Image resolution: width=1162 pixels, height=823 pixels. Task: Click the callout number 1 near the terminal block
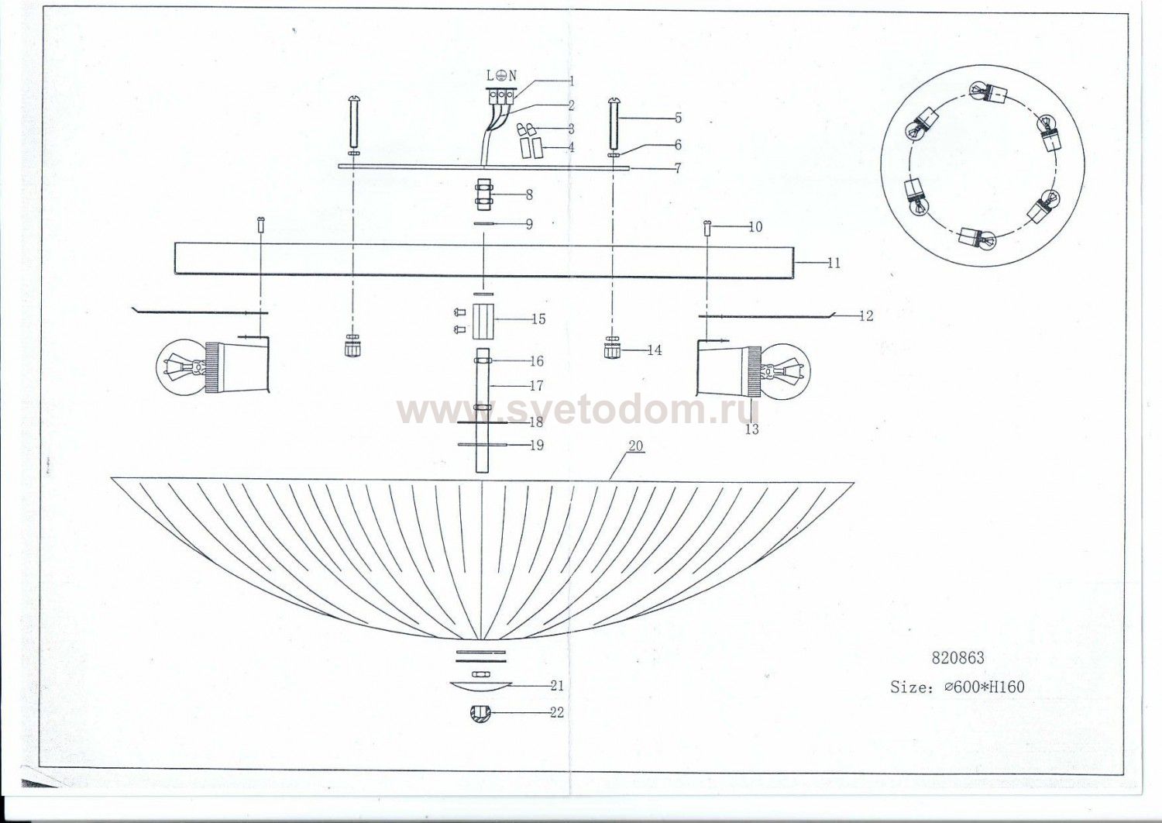pos(571,81)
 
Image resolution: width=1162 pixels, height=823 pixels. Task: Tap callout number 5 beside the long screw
pos(678,119)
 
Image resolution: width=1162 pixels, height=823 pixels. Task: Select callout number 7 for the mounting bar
pos(678,168)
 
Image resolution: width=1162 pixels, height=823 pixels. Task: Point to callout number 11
pos(834,263)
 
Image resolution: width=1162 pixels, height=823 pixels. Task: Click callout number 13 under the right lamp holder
pos(751,429)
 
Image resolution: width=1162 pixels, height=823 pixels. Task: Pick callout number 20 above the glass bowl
pos(635,446)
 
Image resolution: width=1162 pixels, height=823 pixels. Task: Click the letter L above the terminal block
pos(490,76)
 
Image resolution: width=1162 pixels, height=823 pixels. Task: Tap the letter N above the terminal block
pos(513,76)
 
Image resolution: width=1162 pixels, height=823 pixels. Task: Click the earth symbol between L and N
pos(502,76)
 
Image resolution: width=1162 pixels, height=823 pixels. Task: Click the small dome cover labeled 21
pos(480,687)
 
